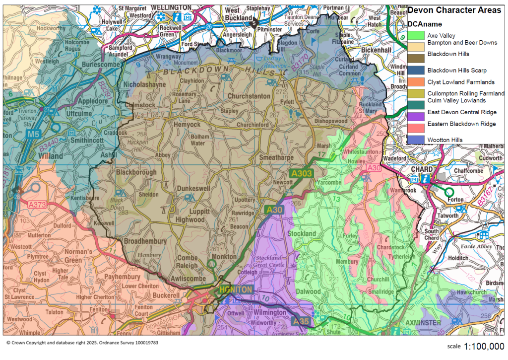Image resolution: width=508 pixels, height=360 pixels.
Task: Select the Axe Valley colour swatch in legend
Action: (x=416, y=35)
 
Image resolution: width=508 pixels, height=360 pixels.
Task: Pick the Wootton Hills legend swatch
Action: (x=416, y=140)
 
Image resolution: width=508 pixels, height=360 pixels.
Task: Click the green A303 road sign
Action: (x=300, y=173)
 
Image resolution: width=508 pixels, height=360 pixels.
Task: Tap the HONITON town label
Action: (x=236, y=289)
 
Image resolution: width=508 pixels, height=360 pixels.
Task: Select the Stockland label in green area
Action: (x=301, y=233)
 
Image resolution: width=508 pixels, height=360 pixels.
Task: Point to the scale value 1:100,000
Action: (x=484, y=346)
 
